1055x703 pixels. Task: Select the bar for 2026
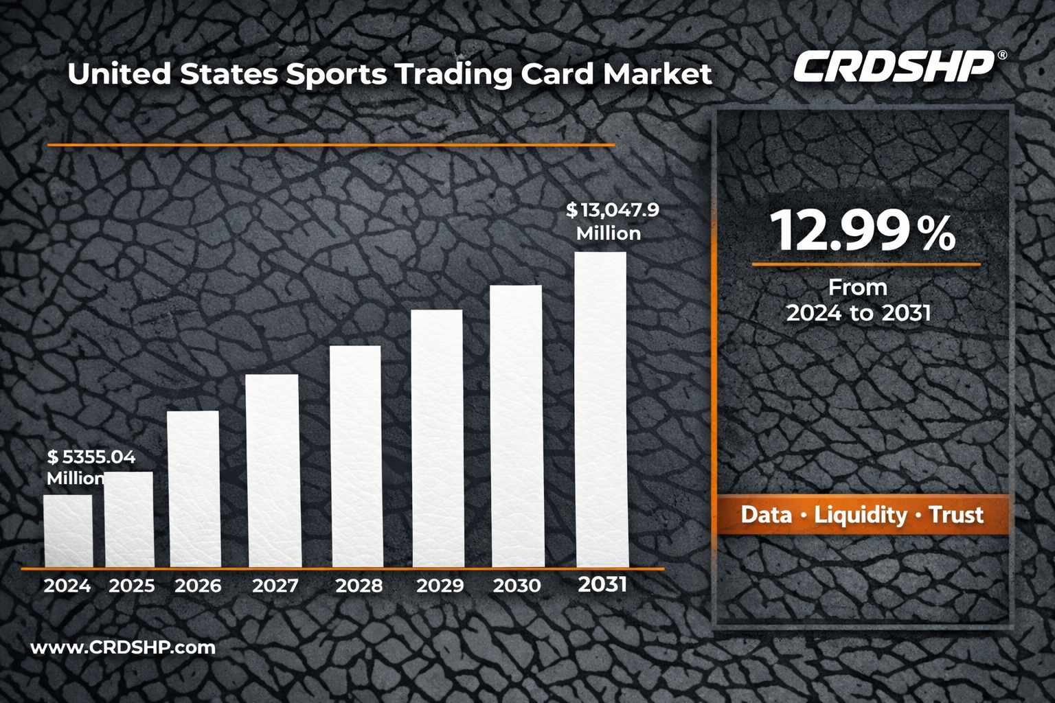193,489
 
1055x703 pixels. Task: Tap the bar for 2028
355,456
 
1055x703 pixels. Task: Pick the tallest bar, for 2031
601,409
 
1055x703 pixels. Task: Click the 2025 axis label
132,586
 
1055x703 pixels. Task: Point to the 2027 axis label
275,586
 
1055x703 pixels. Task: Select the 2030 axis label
517,586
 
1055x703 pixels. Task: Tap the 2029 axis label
440,586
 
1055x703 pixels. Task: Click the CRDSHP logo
894,67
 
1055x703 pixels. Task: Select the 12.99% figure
863,231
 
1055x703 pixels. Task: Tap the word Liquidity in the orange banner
861,515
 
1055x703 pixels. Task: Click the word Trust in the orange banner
956,515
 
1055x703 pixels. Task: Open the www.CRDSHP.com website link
123,647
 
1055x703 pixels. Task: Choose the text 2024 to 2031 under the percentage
859,313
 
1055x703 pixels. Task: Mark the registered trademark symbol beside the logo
1002,55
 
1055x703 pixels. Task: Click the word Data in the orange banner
766,515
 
